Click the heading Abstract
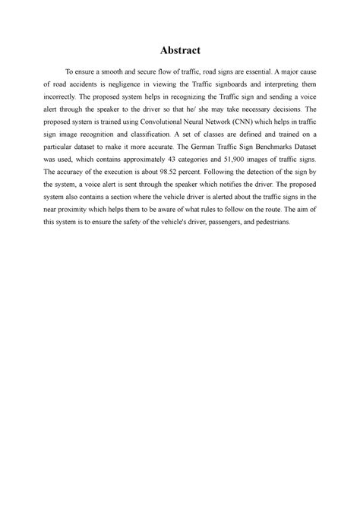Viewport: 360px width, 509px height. pos(180,51)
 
